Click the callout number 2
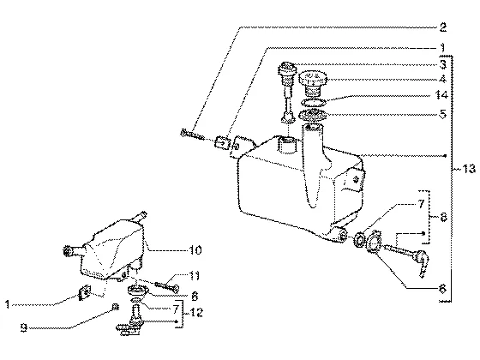pyautogui.click(x=442, y=27)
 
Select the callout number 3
pyautogui.click(x=443, y=64)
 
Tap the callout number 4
pyautogui.click(x=443, y=79)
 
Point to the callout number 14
pyautogui.click(x=441, y=95)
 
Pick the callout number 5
pyautogui.click(x=443, y=114)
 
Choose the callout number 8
pyautogui.click(x=444, y=217)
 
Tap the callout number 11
pyautogui.click(x=194, y=276)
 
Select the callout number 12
pyautogui.click(x=196, y=313)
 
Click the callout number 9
pyautogui.click(x=24, y=328)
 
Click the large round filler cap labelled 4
pyautogui.click(x=313, y=81)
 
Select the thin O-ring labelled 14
pyautogui.click(x=312, y=102)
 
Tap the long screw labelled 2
pyautogui.click(x=192, y=135)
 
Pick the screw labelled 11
pyautogui.click(x=167, y=287)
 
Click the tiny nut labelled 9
pyautogui.click(x=116, y=306)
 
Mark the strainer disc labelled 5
pyautogui.click(x=312, y=115)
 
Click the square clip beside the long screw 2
pyautogui.click(x=223, y=142)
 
